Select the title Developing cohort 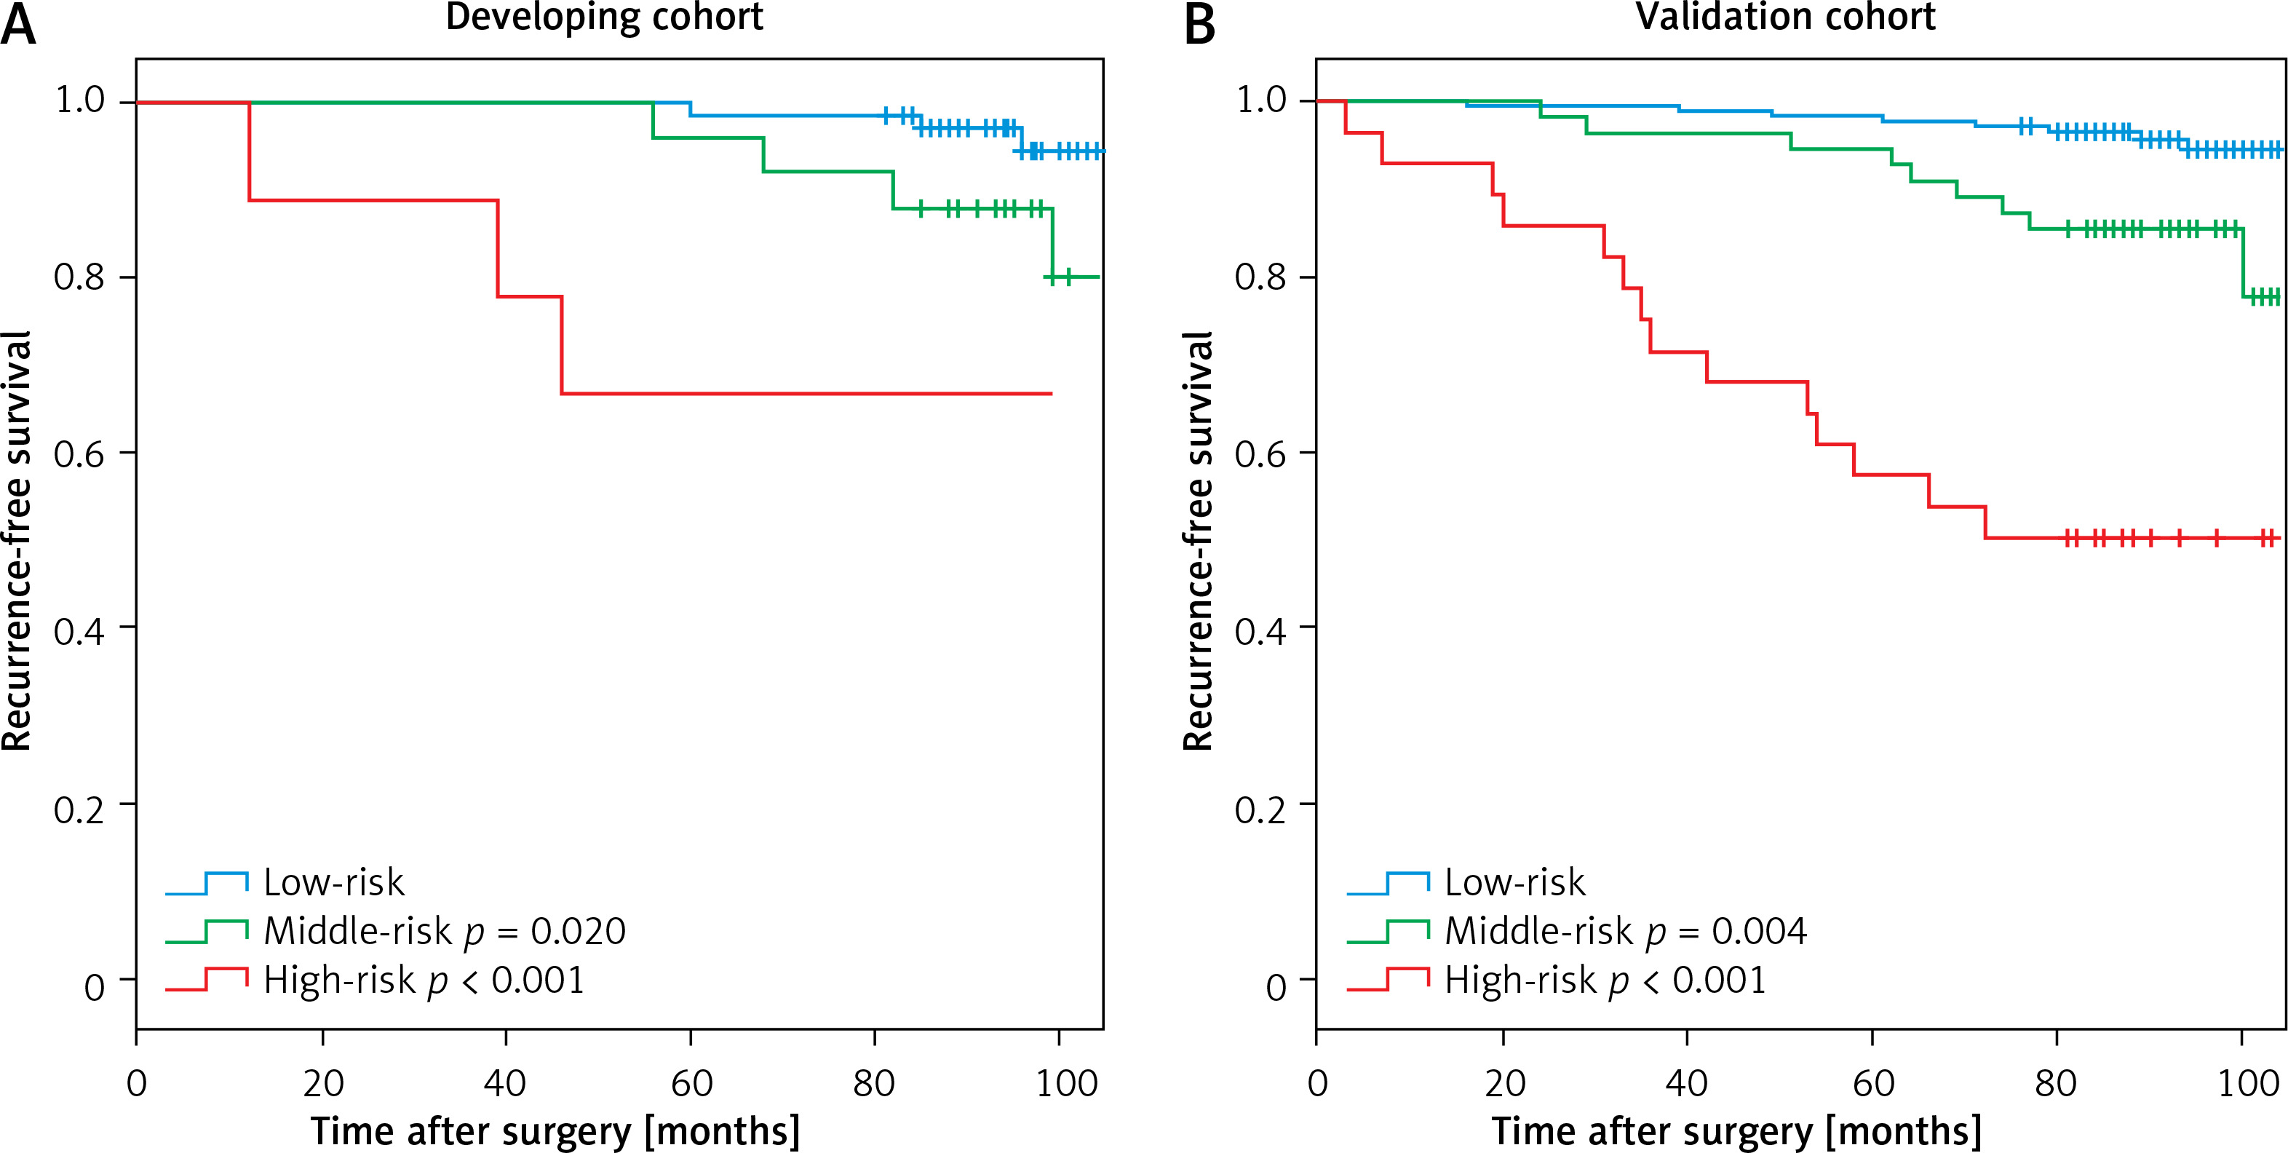[x=604, y=17]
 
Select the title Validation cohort [x=1785, y=17]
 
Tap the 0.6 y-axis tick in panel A [x=79, y=454]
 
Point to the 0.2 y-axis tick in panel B [x=1260, y=810]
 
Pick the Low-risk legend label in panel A [x=334, y=882]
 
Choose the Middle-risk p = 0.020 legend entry [x=444, y=931]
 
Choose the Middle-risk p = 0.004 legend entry [x=1626, y=931]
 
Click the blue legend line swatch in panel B [x=1387, y=883]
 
